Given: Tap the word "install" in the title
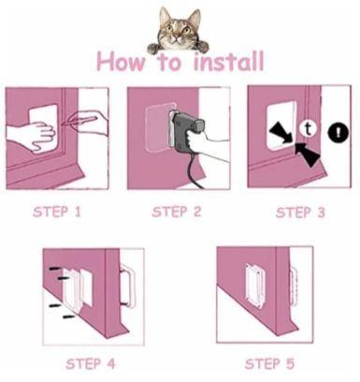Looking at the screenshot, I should (x=227, y=63).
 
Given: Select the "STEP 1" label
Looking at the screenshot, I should (x=57, y=212).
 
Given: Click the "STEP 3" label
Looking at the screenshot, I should (x=300, y=213).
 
